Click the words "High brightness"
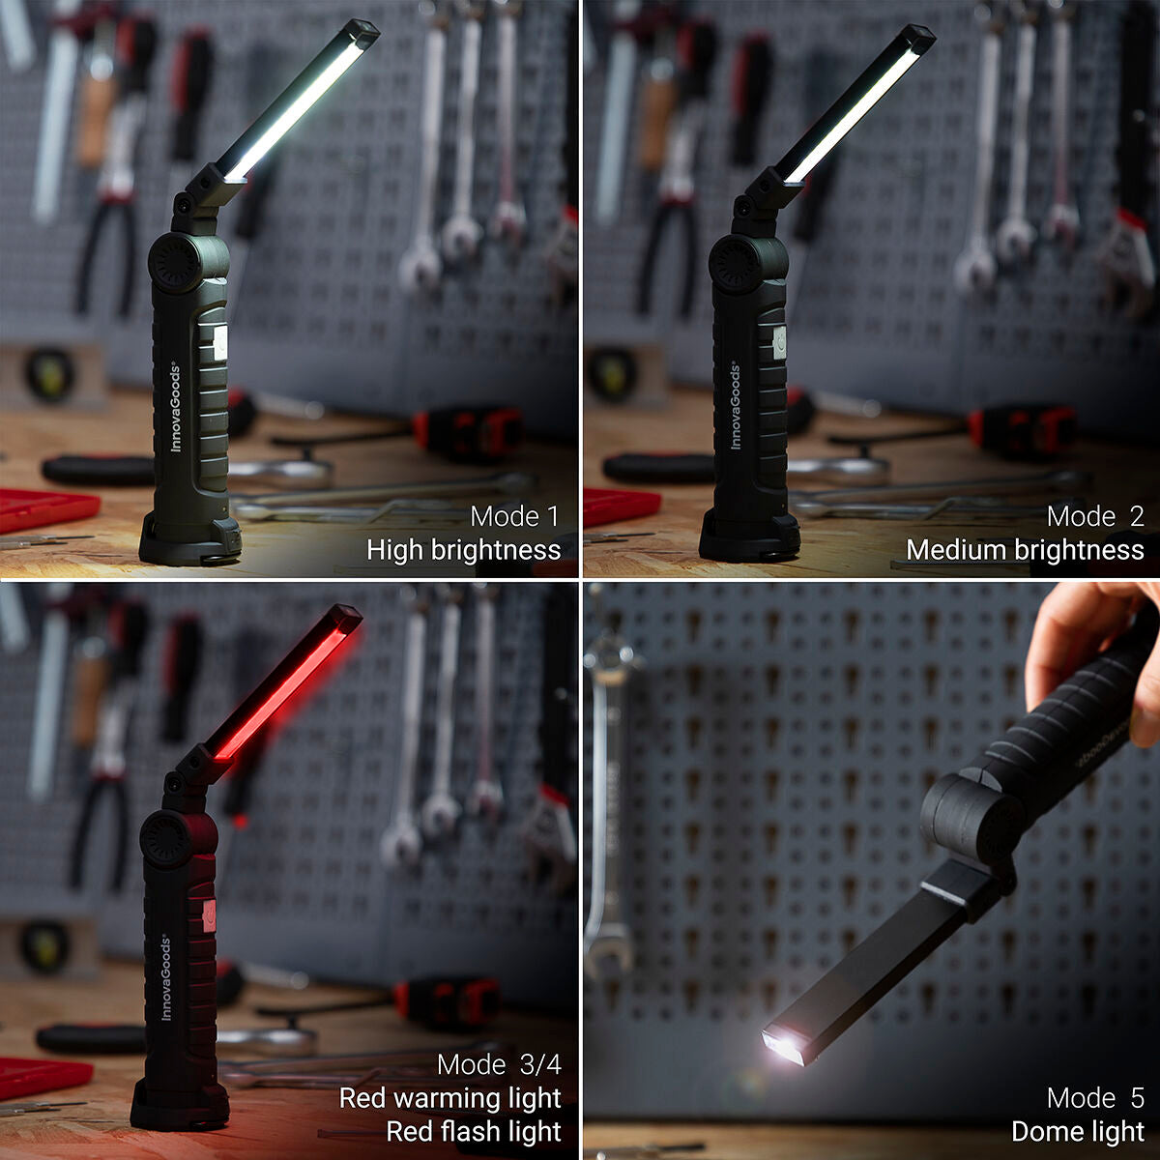[x=463, y=550]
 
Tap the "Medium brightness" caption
[x=1025, y=550]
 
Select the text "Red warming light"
[x=449, y=1098]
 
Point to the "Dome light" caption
[x=1077, y=1131]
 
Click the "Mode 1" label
[x=514, y=516]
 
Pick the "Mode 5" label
[x=1095, y=1098]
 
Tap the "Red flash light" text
[x=474, y=1131]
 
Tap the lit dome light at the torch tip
[x=785, y=1045]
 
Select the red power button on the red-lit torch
[x=209, y=914]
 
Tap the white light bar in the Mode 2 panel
[x=851, y=115]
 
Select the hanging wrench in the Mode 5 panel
[x=606, y=802]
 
